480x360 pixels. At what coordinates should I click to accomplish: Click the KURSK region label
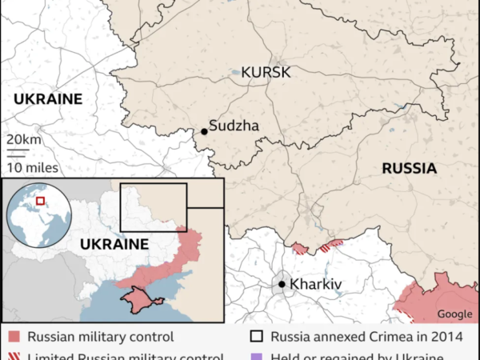261,73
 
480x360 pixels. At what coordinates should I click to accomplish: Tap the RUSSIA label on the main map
409,169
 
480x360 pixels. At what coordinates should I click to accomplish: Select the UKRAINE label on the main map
48,98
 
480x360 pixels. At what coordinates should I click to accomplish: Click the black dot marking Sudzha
204,130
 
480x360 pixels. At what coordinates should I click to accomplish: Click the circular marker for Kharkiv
282,284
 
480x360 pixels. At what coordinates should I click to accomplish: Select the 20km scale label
20,140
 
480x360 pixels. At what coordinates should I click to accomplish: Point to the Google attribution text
454,314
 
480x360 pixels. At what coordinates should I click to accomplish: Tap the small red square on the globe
40,200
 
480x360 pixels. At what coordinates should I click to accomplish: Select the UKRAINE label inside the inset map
116,244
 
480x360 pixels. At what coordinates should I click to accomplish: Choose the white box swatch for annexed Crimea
256,337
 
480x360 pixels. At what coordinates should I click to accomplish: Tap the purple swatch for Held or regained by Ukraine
256,357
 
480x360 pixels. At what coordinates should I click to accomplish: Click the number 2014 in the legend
444,337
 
